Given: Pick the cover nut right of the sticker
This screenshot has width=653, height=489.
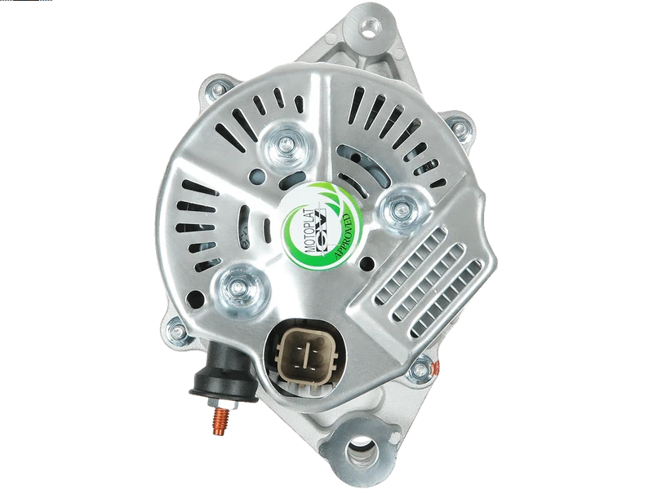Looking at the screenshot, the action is (401, 209).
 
